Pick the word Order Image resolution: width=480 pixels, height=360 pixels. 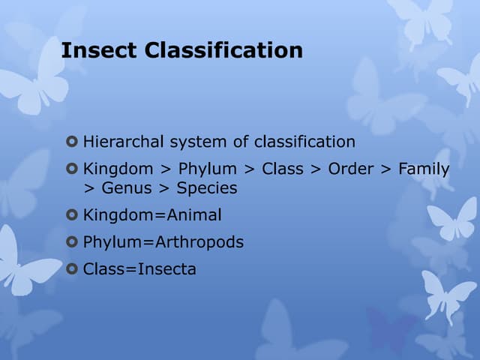tap(351, 169)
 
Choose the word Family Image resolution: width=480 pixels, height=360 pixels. tap(424, 169)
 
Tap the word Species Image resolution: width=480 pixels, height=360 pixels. tap(207, 188)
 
